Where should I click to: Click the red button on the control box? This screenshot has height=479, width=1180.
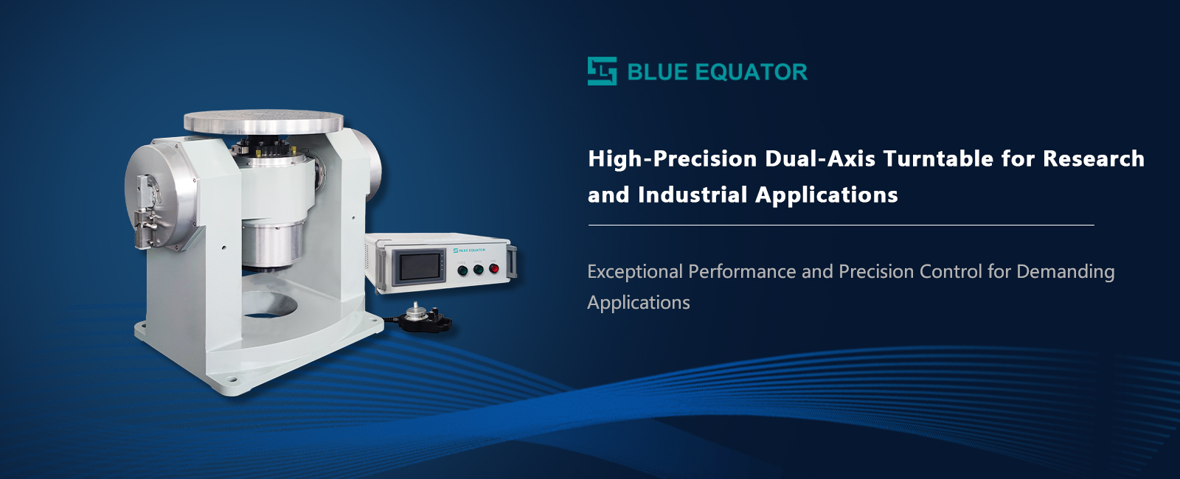pyautogui.click(x=493, y=268)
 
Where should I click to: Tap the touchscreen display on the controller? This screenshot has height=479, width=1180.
pyautogui.click(x=419, y=266)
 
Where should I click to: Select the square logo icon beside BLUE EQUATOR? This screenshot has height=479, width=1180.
pyautogui.click(x=602, y=71)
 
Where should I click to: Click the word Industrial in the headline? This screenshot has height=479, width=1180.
pyautogui.click(x=693, y=195)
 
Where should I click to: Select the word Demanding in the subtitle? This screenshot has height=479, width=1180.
pyautogui.click(x=1065, y=272)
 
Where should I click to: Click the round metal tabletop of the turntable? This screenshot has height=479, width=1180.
pyautogui.click(x=263, y=122)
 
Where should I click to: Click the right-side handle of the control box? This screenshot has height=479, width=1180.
pyautogui.click(x=512, y=261)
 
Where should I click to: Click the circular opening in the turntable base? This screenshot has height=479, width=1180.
pyautogui.click(x=269, y=305)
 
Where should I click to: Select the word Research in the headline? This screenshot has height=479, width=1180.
pyautogui.click(x=1094, y=159)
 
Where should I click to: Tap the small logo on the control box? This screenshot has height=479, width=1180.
pyautogui.click(x=469, y=250)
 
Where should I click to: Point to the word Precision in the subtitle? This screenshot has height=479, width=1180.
pyautogui.click(x=875, y=272)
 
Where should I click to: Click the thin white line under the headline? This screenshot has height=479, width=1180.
pyautogui.click(x=841, y=225)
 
